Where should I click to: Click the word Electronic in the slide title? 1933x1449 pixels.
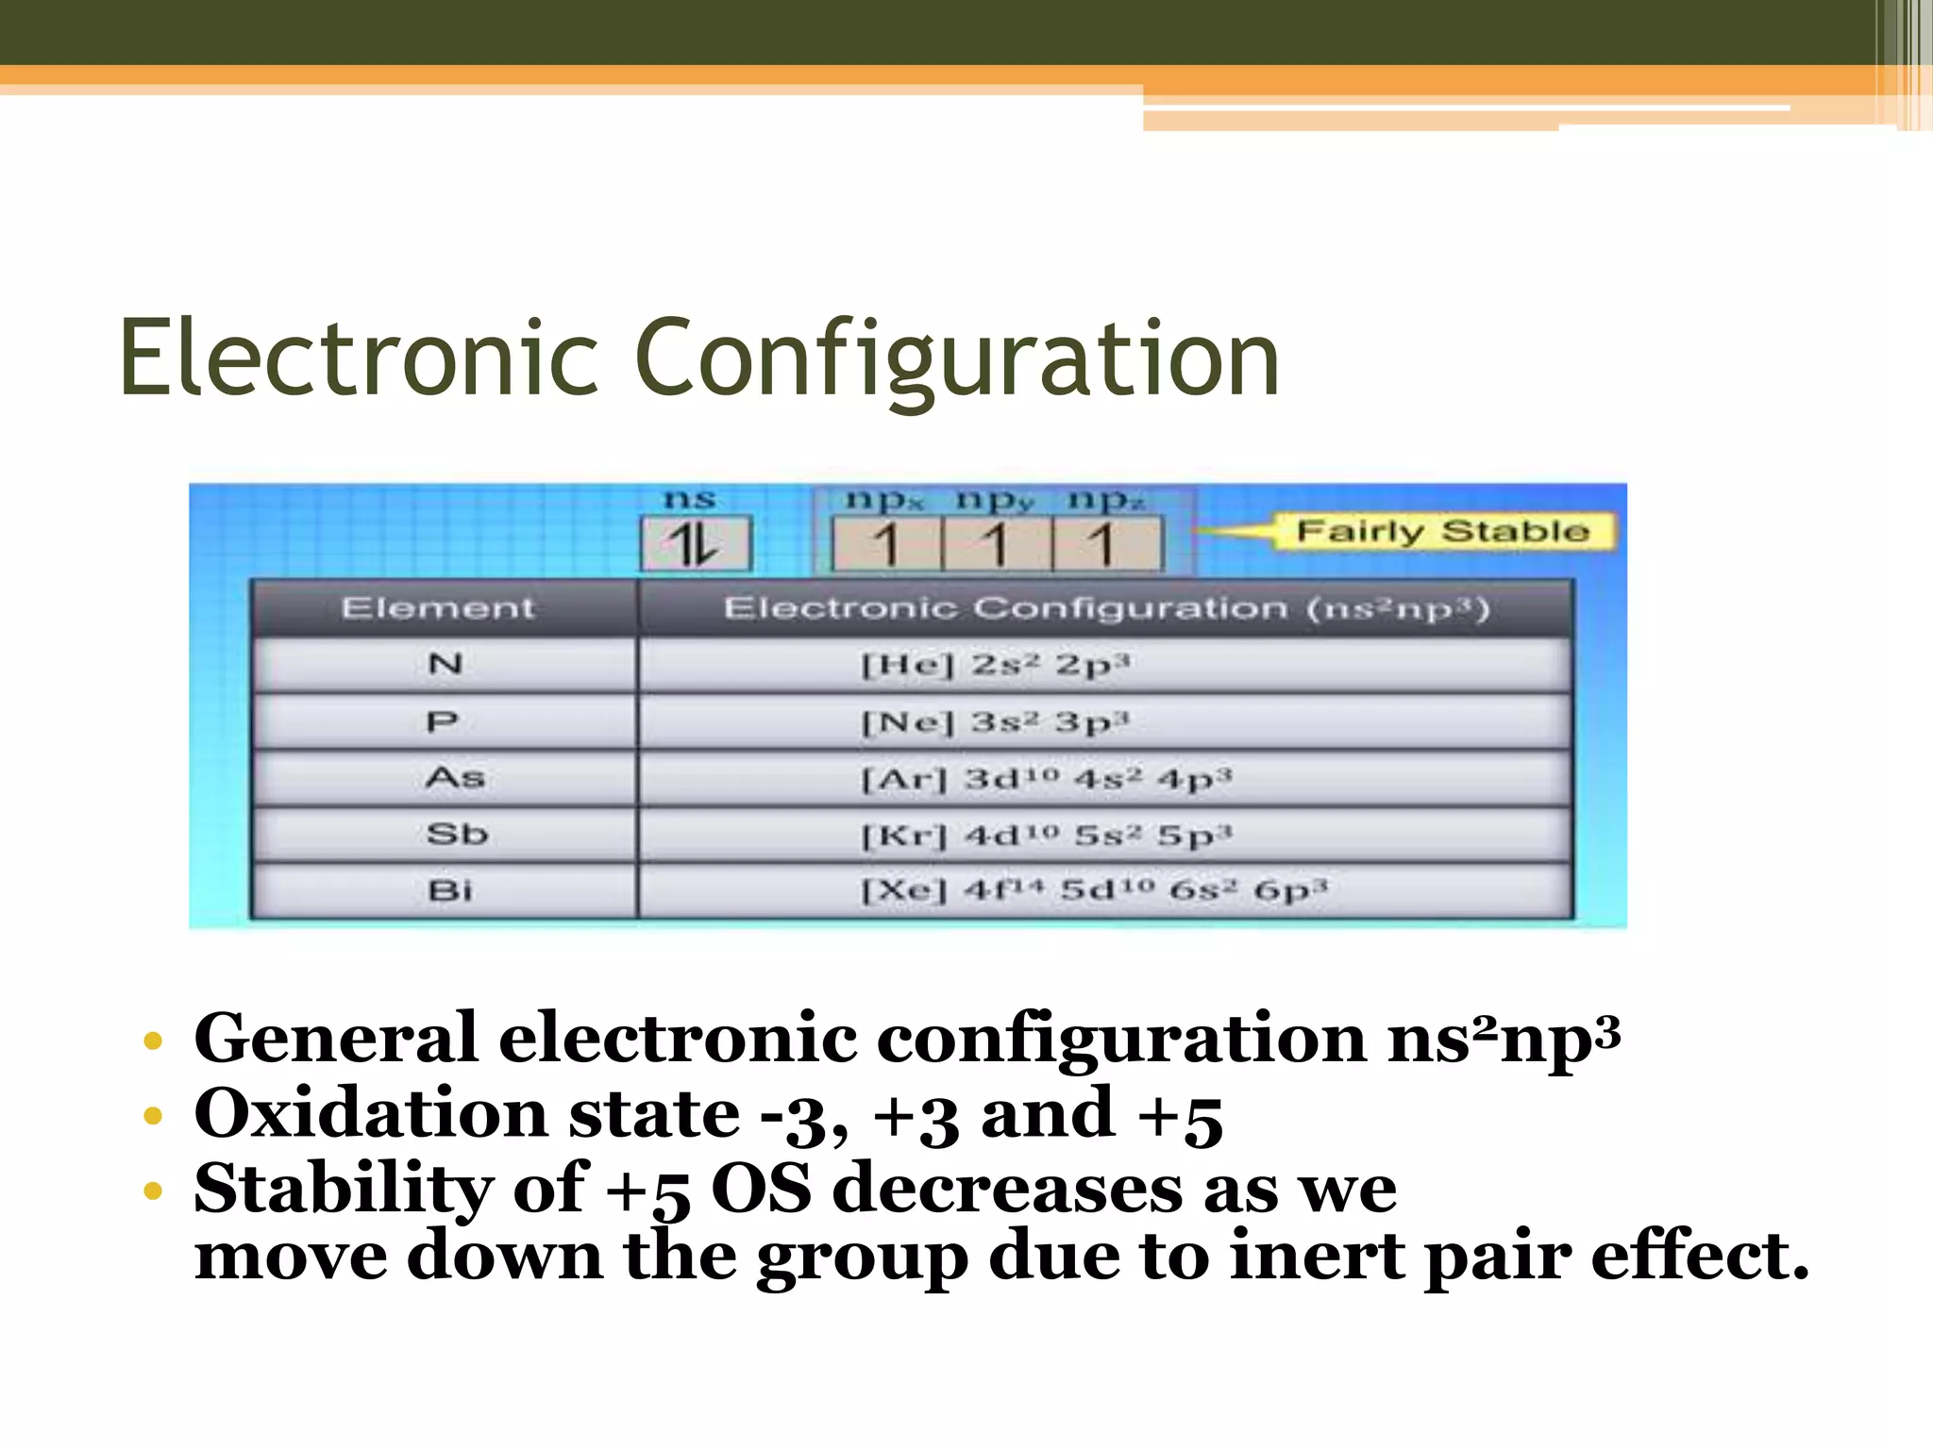(x=359, y=358)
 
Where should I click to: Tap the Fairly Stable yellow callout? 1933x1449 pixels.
(x=1442, y=531)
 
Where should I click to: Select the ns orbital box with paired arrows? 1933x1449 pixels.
(x=696, y=544)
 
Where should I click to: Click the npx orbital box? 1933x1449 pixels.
(x=886, y=545)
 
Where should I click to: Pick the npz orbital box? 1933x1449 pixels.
(x=1106, y=545)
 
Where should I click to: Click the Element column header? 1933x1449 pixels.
(x=438, y=608)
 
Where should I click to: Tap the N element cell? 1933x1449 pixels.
(x=445, y=664)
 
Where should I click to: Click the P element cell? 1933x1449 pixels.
(x=443, y=722)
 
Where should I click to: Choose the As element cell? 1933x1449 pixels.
(x=454, y=778)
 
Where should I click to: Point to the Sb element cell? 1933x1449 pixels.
(x=456, y=835)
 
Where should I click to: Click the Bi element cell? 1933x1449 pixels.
(x=449, y=891)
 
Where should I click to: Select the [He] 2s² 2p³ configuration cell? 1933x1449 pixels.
(x=996, y=665)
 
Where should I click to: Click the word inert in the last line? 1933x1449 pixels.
(x=1316, y=1257)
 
